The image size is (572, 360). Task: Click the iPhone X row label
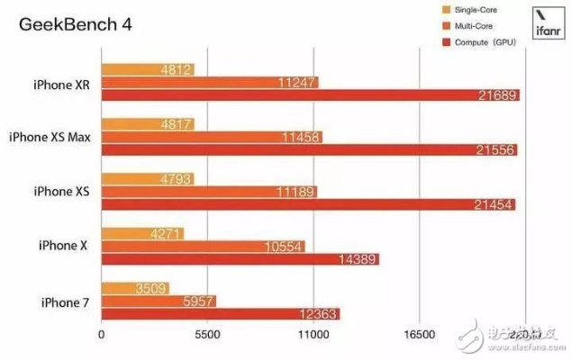click(x=62, y=246)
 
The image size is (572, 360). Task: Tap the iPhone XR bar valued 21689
click(x=311, y=95)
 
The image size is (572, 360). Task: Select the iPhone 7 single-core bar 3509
click(x=135, y=289)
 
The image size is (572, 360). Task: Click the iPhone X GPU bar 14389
click(x=241, y=259)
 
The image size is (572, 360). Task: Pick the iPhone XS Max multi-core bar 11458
click(x=213, y=138)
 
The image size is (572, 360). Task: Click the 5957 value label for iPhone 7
click(x=195, y=301)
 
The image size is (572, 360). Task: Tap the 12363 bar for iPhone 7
click(x=221, y=314)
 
